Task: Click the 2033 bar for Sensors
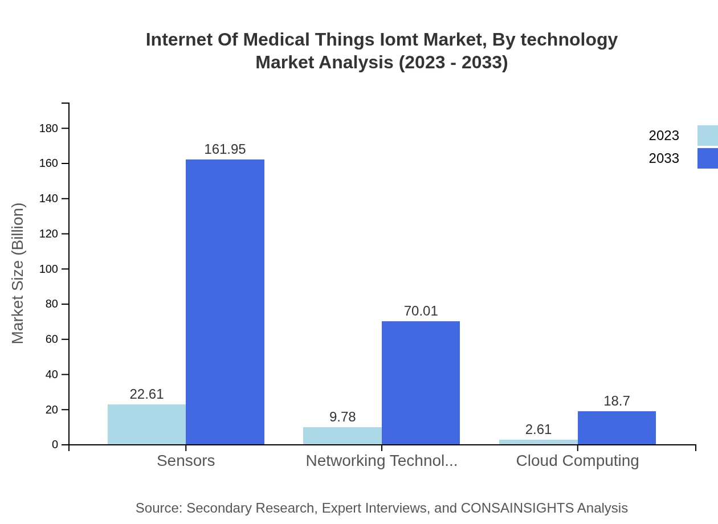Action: pyautogui.click(x=225, y=302)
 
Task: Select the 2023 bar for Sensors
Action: pyautogui.click(x=146, y=424)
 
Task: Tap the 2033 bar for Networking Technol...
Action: pyautogui.click(x=421, y=383)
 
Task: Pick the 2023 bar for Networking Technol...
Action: pyautogui.click(x=342, y=436)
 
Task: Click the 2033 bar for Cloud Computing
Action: pyautogui.click(x=617, y=428)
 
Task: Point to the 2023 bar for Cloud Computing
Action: pyautogui.click(x=538, y=442)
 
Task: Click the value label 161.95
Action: pyautogui.click(x=225, y=149)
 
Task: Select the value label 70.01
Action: pyautogui.click(x=421, y=311)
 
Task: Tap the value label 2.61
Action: pyautogui.click(x=538, y=429)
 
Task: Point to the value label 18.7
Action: pyautogui.click(x=617, y=401)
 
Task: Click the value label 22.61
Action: pyautogui.click(x=146, y=394)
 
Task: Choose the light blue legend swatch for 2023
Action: pyautogui.click(x=707, y=136)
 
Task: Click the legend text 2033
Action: pyautogui.click(x=664, y=158)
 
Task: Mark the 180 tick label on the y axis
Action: pyautogui.click(x=49, y=128)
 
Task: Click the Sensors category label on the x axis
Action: pyautogui.click(x=186, y=460)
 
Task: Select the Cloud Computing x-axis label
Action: pyautogui.click(x=577, y=460)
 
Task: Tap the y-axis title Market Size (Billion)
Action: pyautogui.click(x=18, y=273)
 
